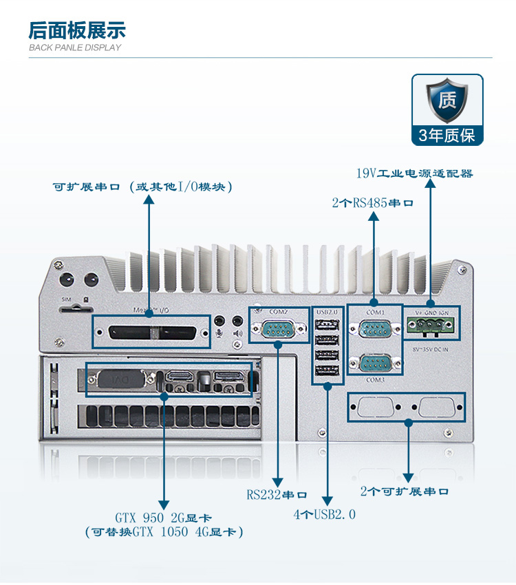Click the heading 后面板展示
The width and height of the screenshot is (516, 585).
tap(76, 30)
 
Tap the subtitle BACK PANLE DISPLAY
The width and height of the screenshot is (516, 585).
tap(75, 47)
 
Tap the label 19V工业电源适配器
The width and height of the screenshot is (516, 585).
tap(415, 173)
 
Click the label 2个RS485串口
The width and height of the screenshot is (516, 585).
tap(372, 203)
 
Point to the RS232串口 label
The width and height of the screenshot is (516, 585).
tap(277, 494)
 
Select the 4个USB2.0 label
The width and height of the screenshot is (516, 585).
tap(325, 514)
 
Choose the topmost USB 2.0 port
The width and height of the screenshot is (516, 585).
tap(327, 326)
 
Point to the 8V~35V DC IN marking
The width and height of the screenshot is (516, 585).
tap(431, 349)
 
